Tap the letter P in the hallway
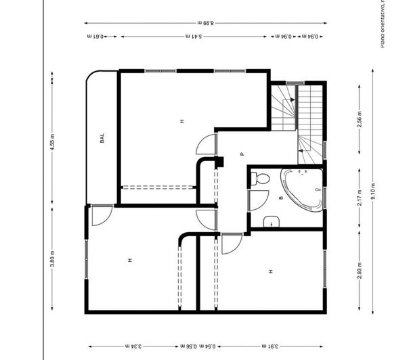point(241,154)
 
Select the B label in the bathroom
point(280,198)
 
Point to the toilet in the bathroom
point(259,179)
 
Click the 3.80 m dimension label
point(53,259)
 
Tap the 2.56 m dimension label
point(360,120)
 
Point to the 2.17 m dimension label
point(360,193)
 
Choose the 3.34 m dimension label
point(136,346)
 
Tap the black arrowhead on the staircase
point(291,99)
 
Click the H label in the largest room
point(181,121)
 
